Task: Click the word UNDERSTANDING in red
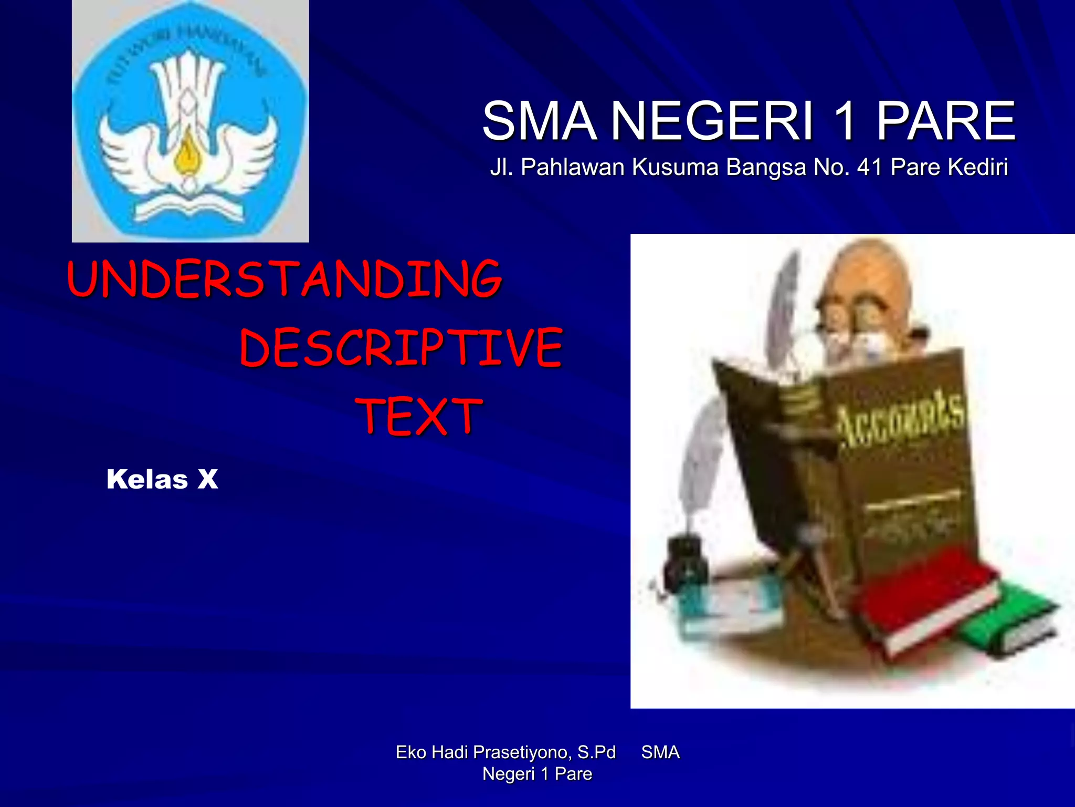click(284, 279)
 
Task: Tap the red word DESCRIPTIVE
click(401, 347)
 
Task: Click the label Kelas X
click(162, 479)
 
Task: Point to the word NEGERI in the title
click(712, 121)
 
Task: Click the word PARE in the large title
click(945, 121)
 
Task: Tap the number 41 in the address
click(869, 167)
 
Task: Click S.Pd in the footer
click(596, 752)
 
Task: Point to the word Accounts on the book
click(899, 418)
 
